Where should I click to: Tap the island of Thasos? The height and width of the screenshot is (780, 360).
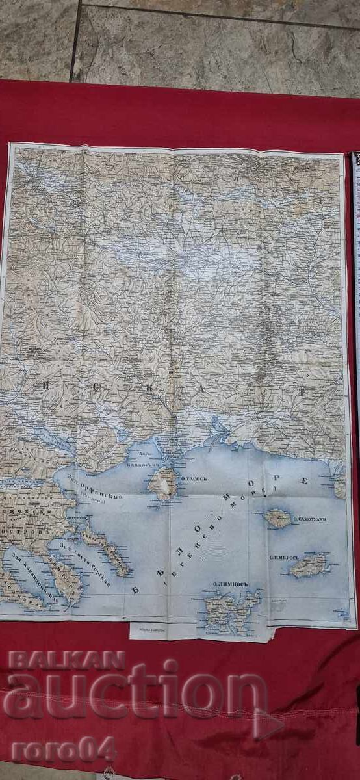(x=163, y=483)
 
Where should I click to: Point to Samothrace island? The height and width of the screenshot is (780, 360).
(x=278, y=518)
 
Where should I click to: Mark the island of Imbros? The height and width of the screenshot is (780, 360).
(x=310, y=564)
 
